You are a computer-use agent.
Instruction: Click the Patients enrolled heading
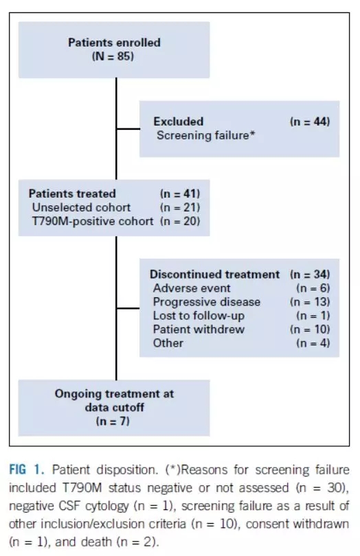pyautogui.click(x=114, y=43)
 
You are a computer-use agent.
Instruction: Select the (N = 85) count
pyautogui.click(x=113, y=56)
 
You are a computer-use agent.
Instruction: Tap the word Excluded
pyautogui.click(x=178, y=121)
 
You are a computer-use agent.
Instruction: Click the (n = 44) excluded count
pyautogui.click(x=310, y=121)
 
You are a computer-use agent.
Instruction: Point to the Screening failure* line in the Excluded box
pyautogui.click(x=206, y=135)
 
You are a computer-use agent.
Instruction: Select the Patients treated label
pyautogui.click(x=72, y=194)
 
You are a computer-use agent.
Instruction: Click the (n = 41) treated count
pyautogui.click(x=180, y=194)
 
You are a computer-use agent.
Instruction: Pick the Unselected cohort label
pyautogui.click(x=81, y=207)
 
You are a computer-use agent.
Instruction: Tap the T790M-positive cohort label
pyautogui.click(x=93, y=221)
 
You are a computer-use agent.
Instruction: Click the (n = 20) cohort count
pyautogui.click(x=180, y=221)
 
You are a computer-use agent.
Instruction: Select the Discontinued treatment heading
pyautogui.click(x=214, y=275)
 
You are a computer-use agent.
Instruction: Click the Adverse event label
pyautogui.click(x=192, y=288)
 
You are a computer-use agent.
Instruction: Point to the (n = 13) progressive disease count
pyautogui.click(x=310, y=302)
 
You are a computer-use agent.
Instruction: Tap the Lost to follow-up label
pyautogui.click(x=199, y=316)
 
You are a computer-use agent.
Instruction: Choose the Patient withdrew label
pyautogui.click(x=199, y=329)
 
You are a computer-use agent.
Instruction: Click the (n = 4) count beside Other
pyautogui.click(x=313, y=343)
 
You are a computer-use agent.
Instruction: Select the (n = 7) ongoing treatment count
pyautogui.click(x=113, y=421)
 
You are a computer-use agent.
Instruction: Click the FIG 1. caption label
pyautogui.click(x=27, y=470)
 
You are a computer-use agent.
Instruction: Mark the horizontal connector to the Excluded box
pyautogui.click(x=128, y=129)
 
